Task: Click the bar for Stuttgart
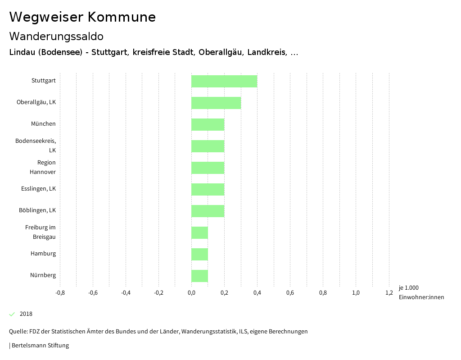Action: pyautogui.click(x=224, y=81)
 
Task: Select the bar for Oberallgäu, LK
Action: pyautogui.click(x=216, y=103)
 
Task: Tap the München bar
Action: pyautogui.click(x=208, y=124)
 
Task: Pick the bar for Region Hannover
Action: pyautogui.click(x=208, y=168)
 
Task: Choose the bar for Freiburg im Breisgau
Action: pyautogui.click(x=199, y=232)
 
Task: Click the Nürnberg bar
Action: pyautogui.click(x=199, y=276)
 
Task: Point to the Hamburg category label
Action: pyautogui.click(x=43, y=254)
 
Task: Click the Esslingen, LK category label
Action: pyautogui.click(x=38, y=189)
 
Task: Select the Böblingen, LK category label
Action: pyautogui.click(x=37, y=210)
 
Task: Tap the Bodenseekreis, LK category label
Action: pyautogui.click(x=36, y=146)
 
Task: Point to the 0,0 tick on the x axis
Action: pyautogui.click(x=191, y=293)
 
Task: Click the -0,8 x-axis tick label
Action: pyautogui.click(x=60, y=293)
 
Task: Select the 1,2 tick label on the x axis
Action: pyautogui.click(x=389, y=293)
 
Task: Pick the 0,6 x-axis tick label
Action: pyautogui.click(x=290, y=293)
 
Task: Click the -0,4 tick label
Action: pyautogui.click(x=126, y=293)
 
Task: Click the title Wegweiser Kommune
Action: pyautogui.click(x=82, y=17)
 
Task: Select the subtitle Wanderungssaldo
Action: pyautogui.click(x=56, y=36)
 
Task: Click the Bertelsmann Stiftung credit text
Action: pyautogui.click(x=40, y=346)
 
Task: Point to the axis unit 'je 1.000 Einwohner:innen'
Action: pyautogui.click(x=421, y=292)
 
